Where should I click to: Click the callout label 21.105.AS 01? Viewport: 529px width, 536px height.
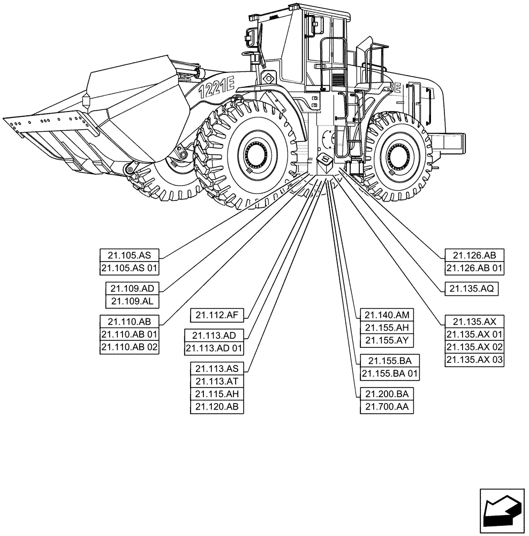click(130, 269)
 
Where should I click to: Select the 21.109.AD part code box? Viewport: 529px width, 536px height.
click(132, 288)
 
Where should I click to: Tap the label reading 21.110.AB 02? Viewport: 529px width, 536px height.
click(130, 347)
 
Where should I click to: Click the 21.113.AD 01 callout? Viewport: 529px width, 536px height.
click(214, 348)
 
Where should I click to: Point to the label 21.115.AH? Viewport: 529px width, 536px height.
click(217, 394)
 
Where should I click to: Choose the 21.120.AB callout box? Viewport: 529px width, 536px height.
click(217, 407)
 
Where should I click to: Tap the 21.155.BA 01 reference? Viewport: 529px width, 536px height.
click(389, 374)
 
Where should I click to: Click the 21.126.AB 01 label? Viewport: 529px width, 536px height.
click(474, 269)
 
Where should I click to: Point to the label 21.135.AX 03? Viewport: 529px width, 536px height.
click(474, 360)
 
